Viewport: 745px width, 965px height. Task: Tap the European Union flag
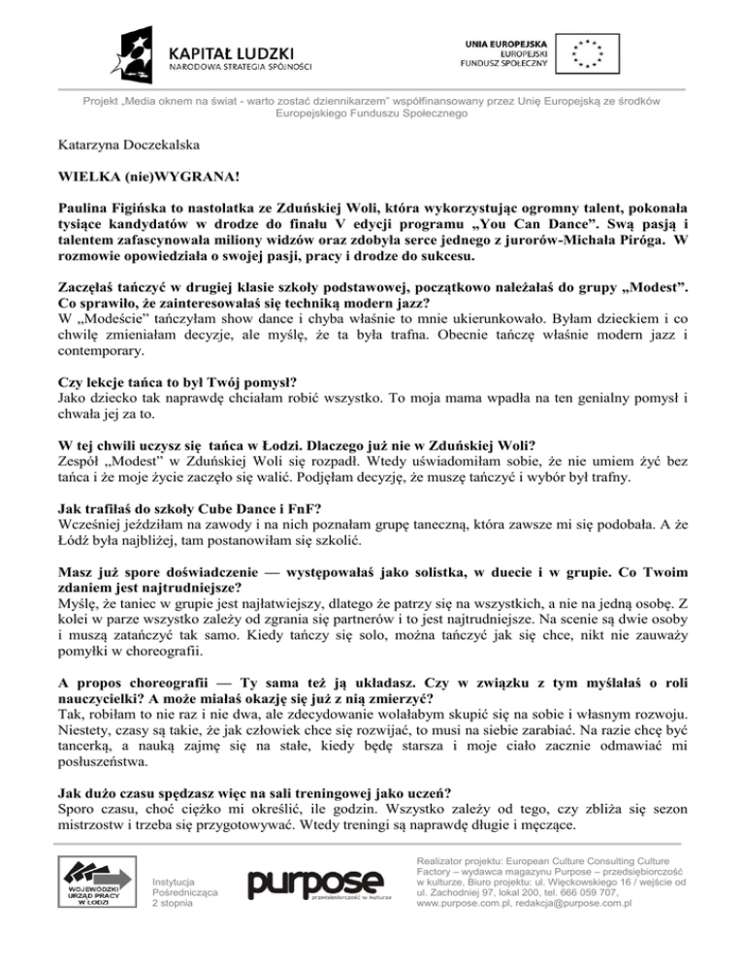pos(585,54)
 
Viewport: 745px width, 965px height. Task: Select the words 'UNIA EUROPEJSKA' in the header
pos(509,43)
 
